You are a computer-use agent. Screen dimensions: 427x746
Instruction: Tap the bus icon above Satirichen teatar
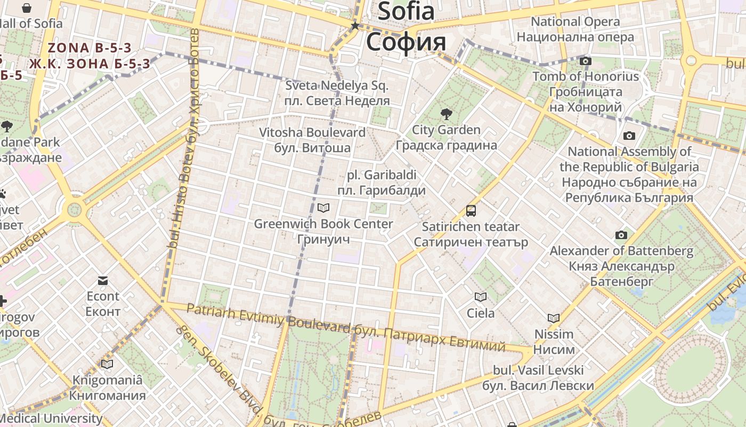(471, 210)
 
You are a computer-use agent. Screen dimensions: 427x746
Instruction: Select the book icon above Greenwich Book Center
(323, 208)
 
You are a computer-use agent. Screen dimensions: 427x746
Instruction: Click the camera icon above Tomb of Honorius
(586, 61)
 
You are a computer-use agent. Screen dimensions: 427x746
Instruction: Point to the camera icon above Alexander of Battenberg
(621, 235)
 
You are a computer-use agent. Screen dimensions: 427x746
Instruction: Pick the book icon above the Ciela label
(481, 297)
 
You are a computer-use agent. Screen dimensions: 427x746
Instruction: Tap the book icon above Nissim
(554, 318)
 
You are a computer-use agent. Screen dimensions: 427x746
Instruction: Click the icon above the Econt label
(103, 280)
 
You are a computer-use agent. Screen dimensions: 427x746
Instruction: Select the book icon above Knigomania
(107, 364)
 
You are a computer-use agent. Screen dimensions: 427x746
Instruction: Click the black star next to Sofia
(355, 25)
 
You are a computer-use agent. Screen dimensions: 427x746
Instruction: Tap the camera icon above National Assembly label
(629, 136)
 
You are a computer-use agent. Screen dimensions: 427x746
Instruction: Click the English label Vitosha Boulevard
(312, 132)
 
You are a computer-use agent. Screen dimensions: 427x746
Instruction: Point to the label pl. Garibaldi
(382, 175)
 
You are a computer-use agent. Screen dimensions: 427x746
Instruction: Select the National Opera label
(575, 22)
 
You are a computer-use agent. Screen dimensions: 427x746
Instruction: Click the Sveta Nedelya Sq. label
(337, 85)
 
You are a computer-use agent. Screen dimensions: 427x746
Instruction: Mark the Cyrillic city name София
(406, 42)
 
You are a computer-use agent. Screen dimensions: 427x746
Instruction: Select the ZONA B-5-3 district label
(90, 48)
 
